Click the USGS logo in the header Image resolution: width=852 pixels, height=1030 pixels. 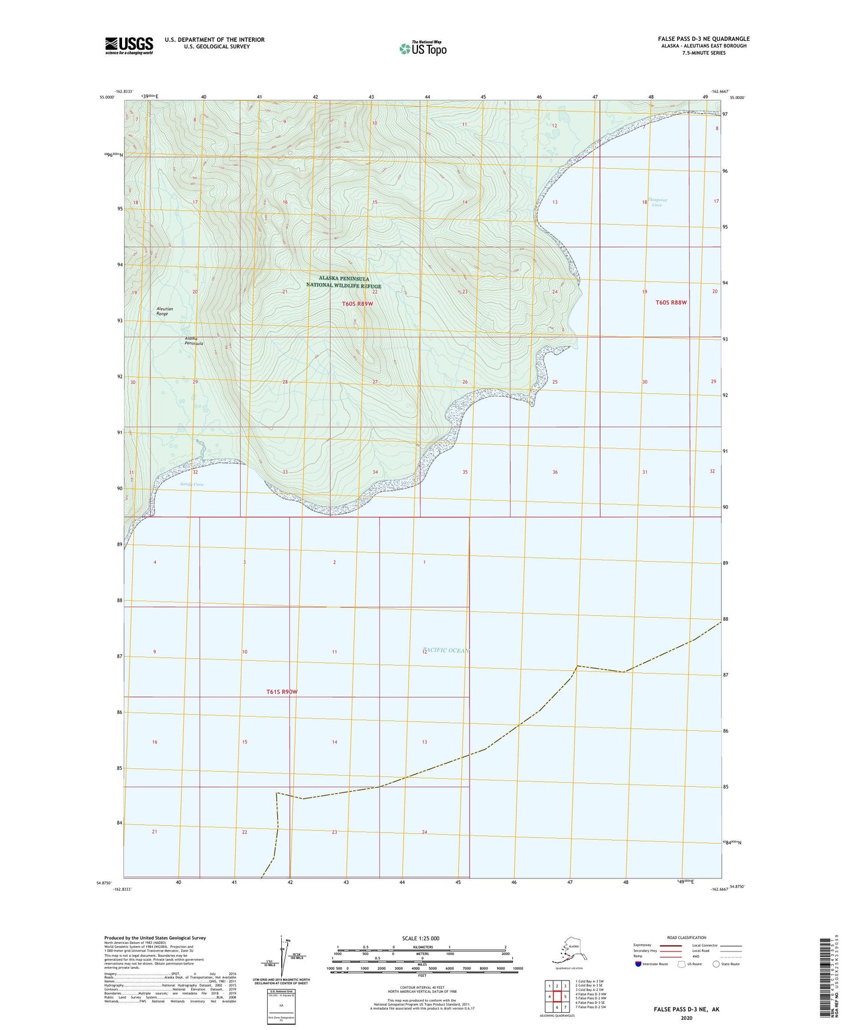pos(129,45)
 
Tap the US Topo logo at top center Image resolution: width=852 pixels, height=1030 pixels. pos(422,48)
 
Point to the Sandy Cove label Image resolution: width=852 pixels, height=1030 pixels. pos(192,484)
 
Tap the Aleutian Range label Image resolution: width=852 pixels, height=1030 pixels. pos(162,311)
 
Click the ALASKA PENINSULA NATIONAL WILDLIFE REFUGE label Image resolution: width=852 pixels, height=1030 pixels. pos(344,282)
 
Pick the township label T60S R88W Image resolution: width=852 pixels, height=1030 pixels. pos(671,303)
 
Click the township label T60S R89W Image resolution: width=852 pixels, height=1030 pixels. pos(357,304)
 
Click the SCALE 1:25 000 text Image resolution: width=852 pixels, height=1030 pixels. pos(421,939)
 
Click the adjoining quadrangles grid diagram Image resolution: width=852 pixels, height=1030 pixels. pos(557,998)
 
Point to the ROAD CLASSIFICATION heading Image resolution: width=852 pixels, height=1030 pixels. pos(686,937)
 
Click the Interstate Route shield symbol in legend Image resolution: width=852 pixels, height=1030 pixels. pos(638,965)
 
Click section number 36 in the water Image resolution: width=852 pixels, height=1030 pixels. pos(555,472)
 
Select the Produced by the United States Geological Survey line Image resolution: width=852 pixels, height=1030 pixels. pos(154,938)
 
